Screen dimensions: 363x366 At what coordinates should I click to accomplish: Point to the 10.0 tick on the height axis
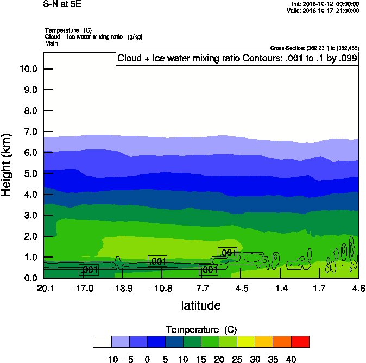pyautogui.click(x=28, y=69)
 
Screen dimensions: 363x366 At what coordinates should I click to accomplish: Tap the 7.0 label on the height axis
pyautogui.click(x=30, y=132)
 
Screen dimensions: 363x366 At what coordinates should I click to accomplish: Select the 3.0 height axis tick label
pyautogui.click(x=30, y=216)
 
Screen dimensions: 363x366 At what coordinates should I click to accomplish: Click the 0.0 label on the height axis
pyautogui.click(x=30, y=278)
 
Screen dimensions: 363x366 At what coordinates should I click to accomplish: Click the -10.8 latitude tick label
pyautogui.click(x=162, y=287)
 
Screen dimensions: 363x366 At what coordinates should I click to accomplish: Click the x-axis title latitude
pyautogui.click(x=201, y=305)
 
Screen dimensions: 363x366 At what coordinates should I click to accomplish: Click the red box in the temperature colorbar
pyautogui.click(x=300, y=341)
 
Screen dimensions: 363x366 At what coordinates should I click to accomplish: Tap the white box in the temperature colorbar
pyautogui.click(x=102, y=341)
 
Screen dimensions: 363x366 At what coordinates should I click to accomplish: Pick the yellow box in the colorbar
pyautogui.click(x=247, y=341)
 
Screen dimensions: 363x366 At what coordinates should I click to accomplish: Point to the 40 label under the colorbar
pyautogui.click(x=291, y=359)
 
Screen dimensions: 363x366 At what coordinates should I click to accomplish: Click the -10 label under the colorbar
pyautogui.click(x=111, y=359)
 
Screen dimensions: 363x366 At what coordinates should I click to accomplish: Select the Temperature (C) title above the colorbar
pyautogui.click(x=201, y=330)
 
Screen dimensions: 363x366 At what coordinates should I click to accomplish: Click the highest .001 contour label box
pyautogui.click(x=228, y=252)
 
